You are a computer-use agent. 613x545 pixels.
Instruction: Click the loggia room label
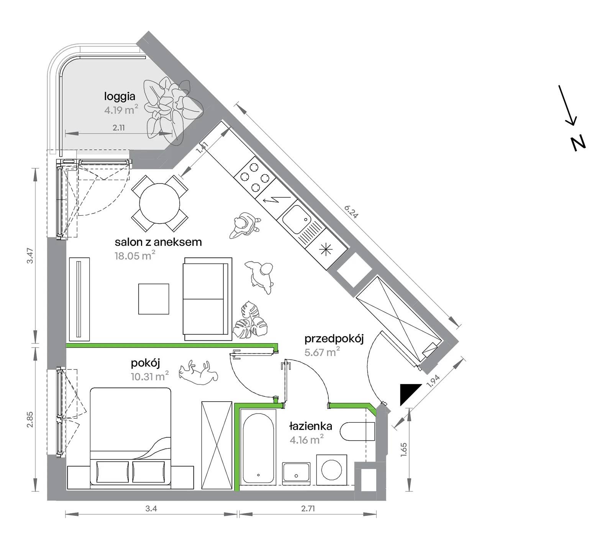[120, 97]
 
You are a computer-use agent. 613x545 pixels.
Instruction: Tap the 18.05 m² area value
[135, 255]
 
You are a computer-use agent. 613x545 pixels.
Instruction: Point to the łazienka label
[311, 427]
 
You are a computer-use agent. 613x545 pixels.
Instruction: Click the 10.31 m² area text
[150, 376]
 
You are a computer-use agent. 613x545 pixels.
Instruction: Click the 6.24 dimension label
[351, 212]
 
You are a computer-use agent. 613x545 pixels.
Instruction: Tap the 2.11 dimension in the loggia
[119, 128]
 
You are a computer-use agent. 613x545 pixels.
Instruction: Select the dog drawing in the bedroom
[199, 372]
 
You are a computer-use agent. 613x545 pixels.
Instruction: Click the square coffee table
[154, 299]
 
